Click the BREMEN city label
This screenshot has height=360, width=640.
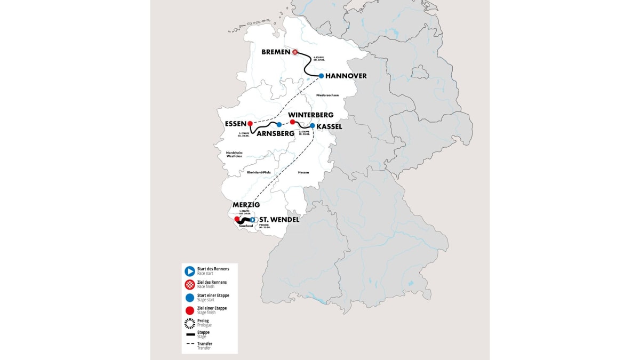(275, 52)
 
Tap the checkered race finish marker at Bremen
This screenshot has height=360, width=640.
(294, 52)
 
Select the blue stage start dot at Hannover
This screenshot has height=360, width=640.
(321, 76)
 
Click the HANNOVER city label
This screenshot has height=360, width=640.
(346, 76)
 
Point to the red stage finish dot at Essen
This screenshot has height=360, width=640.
(250, 124)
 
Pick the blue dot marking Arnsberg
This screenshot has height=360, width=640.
(279, 124)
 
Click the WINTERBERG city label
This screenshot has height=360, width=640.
(310, 115)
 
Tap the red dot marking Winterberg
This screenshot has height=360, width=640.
(292, 122)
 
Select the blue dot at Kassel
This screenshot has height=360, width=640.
(313, 126)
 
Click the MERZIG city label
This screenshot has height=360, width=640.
(246, 205)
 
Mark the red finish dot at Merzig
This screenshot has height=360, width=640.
(237, 219)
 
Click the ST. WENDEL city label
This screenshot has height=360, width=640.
(279, 219)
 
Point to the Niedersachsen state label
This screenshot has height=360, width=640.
(327, 95)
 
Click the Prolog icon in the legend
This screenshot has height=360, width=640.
(189, 322)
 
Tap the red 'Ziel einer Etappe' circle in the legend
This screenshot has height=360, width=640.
(189, 310)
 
